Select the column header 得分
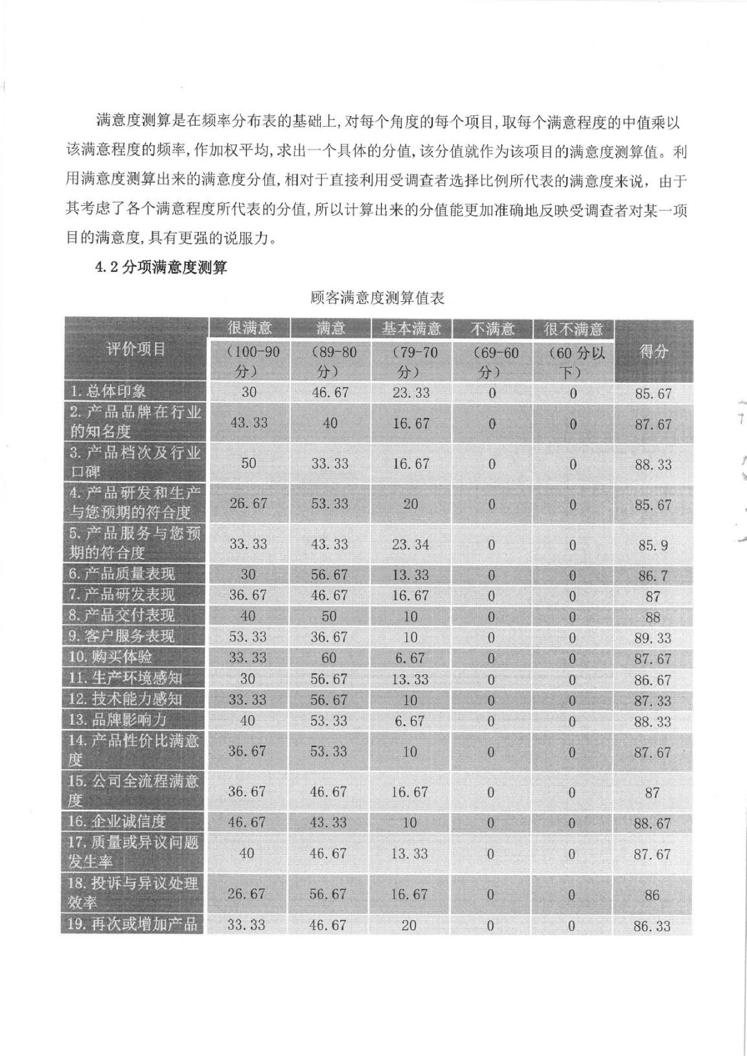(x=653, y=352)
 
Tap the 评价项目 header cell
(x=135, y=350)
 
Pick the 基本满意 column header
(x=411, y=328)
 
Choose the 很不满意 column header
(x=573, y=328)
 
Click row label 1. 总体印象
(x=108, y=391)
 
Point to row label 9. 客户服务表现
(x=122, y=636)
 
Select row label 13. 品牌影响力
(x=118, y=720)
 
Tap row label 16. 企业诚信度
(x=118, y=821)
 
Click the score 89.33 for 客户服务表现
(x=652, y=638)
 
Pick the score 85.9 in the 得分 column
(x=652, y=545)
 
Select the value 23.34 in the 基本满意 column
(x=410, y=545)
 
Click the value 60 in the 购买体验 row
(x=328, y=658)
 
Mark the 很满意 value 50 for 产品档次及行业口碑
(x=248, y=464)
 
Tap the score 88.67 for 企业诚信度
(x=652, y=823)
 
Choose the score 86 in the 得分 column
(x=652, y=895)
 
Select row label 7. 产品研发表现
(x=122, y=595)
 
